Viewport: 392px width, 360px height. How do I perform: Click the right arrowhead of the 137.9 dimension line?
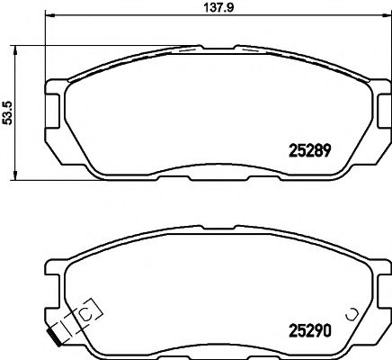[378, 17]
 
